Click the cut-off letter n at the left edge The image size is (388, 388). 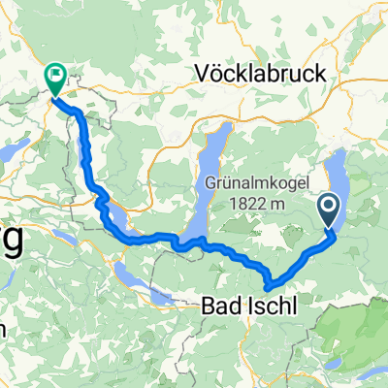click(x=3, y=328)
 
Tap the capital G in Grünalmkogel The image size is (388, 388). click(x=210, y=180)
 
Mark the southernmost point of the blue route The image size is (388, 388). click(x=269, y=287)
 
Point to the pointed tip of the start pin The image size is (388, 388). click(x=329, y=230)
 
